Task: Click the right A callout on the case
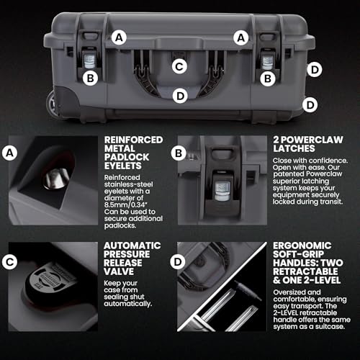(241, 35)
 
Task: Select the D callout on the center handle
(181, 94)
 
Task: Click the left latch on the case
(91, 59)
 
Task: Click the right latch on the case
(269, 59)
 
